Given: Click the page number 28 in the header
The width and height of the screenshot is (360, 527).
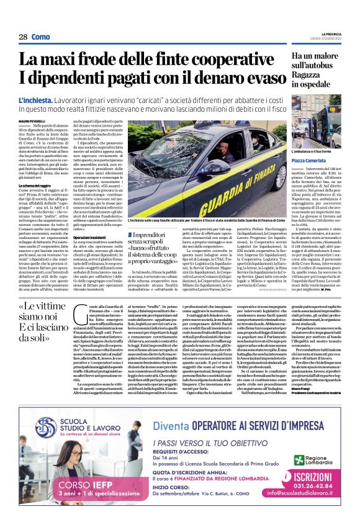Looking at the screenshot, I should click(x=23, y=37).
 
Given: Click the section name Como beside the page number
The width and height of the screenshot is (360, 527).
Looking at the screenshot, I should click(x=41, y=37).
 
